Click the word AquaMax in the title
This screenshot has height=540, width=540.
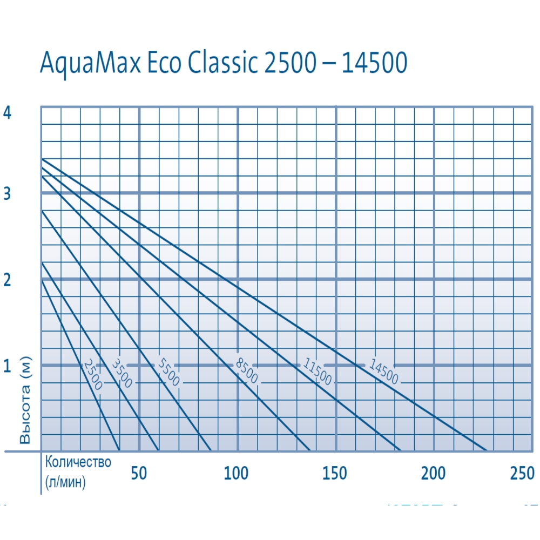point(92,63)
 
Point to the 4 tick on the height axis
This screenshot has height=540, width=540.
point(7,113)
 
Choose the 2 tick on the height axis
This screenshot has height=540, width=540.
point(7,280)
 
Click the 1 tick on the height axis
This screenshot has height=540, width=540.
point(7,366)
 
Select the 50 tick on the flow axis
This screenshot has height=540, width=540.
point(139,473)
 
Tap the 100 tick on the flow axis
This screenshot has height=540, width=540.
point(236,473)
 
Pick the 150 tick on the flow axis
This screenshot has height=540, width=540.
point(335,473)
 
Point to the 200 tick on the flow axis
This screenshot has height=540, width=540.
point(434,473)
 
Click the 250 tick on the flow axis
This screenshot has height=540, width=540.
point(522,473)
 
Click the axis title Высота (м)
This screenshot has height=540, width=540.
point(25,400)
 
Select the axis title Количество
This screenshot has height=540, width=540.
point(78,462)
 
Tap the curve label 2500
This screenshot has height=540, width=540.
point(92,375)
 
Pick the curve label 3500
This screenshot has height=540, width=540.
point(122,373)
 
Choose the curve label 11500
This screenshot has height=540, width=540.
point(317,372)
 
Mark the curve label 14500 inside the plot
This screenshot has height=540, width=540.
point(384,372)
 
